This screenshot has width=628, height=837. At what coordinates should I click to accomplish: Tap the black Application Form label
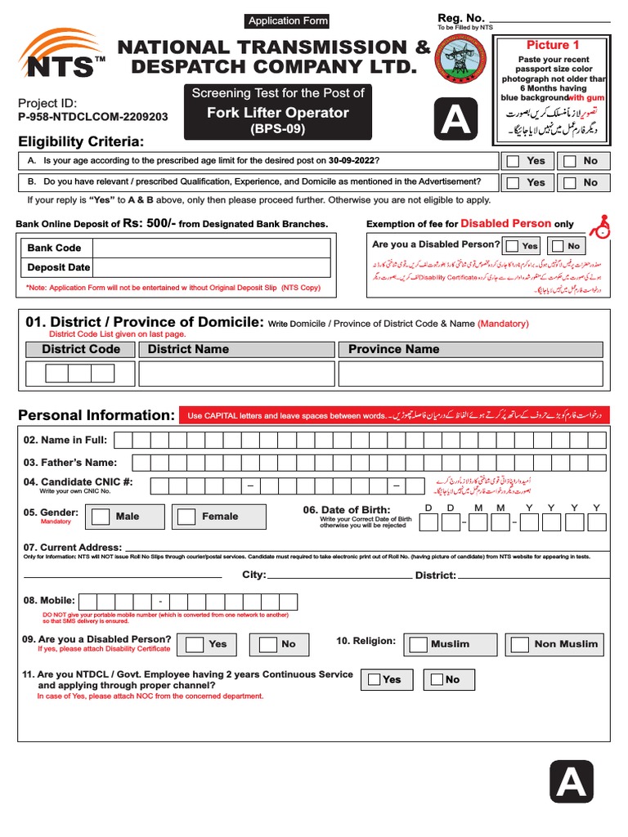point(288,21)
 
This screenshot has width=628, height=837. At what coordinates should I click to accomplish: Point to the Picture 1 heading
point(553,45)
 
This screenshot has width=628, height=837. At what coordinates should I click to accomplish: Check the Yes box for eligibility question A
point(513,161)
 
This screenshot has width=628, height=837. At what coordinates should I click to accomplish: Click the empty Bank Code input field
point(211,248)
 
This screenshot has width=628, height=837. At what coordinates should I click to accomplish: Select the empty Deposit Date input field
point(211,267)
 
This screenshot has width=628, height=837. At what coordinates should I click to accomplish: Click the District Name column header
point(188,349)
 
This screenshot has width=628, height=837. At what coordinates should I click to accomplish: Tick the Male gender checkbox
point(101,517)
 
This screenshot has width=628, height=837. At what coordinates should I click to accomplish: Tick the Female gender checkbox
point(187,517)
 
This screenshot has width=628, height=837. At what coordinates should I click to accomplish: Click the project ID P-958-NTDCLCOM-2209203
point(92,117)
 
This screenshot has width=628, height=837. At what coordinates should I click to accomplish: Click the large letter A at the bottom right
point(571,782)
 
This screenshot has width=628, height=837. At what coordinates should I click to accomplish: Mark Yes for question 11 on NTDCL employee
point(374,679)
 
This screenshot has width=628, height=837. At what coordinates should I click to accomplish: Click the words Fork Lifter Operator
point(277,113)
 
